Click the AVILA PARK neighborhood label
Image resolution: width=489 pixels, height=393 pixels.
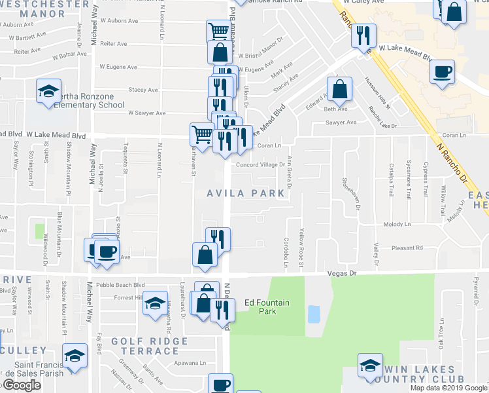pos(246,193)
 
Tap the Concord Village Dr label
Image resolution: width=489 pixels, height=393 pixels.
pos(260,165)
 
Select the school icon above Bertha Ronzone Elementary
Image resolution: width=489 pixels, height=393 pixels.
pos(48,92)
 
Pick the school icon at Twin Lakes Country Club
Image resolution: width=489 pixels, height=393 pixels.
pos(370,365)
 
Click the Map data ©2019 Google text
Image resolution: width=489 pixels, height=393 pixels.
pos(448,388)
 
